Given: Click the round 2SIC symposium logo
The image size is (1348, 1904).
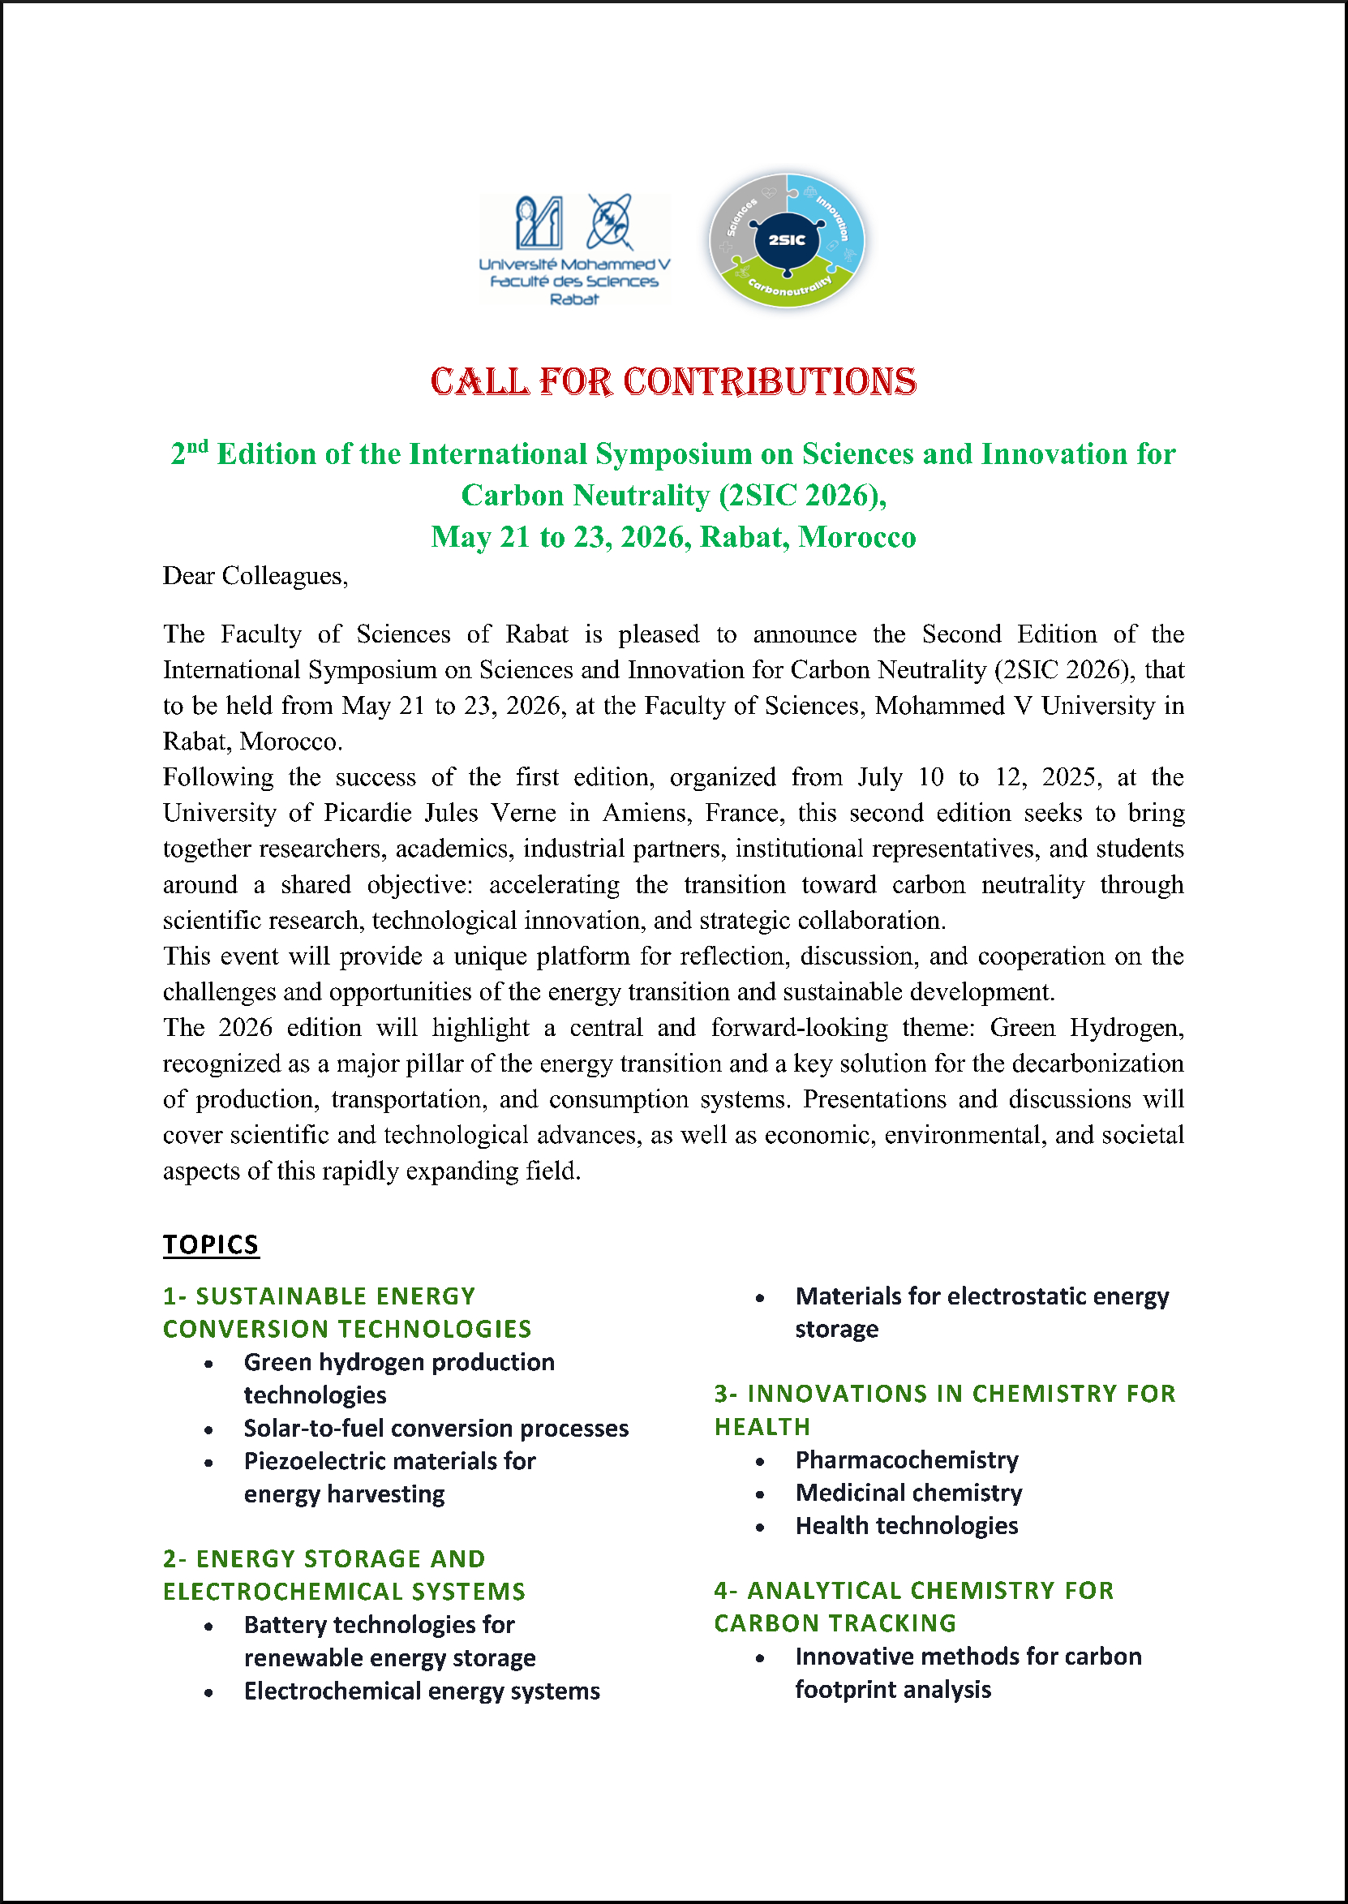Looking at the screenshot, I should (786, 241).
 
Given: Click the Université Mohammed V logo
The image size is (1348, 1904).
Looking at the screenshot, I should (574, 250).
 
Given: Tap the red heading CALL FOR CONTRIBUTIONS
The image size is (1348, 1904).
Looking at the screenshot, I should (673, 382).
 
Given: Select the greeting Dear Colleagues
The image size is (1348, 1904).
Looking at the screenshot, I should (255, 576).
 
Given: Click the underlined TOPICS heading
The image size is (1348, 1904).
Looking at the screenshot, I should (211, 1245).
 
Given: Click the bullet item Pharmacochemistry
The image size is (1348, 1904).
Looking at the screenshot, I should (907, 1460).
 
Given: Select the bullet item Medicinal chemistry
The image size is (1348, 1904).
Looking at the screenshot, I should (908, 1494).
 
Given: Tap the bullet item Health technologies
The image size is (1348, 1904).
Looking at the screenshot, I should (907, 1525).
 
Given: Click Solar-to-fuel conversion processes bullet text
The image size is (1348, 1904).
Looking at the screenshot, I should (436, 1429).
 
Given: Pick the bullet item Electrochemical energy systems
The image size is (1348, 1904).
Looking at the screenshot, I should (422, 1691).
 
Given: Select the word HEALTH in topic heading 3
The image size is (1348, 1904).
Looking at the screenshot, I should (762, 1427).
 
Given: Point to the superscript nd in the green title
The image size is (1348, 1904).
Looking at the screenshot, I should (197, 446).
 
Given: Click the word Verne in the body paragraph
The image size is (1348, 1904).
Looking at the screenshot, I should (523, 813).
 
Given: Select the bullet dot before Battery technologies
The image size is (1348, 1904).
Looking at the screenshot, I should (208, 1627).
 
